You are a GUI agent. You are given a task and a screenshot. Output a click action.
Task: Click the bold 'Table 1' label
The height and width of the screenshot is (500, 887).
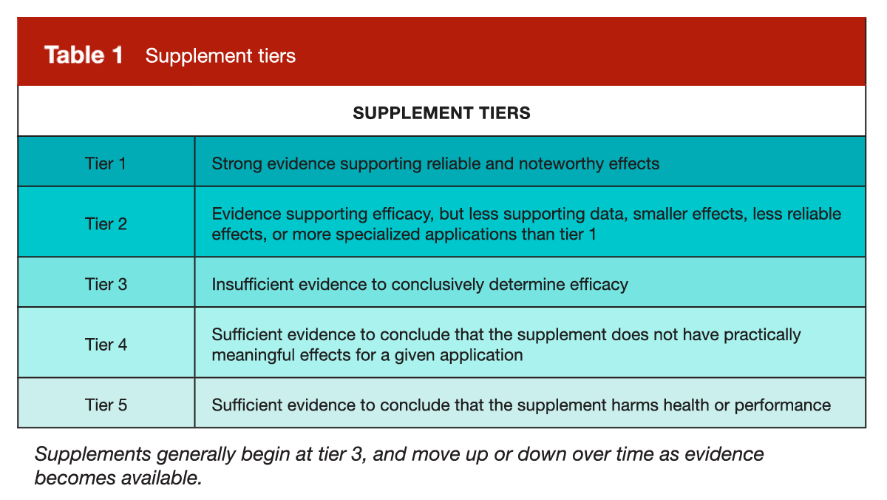84,55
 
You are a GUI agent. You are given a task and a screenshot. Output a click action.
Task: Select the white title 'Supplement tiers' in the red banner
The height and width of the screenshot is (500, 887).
220,55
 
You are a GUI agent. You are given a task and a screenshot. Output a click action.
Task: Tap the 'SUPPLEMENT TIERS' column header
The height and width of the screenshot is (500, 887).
441,113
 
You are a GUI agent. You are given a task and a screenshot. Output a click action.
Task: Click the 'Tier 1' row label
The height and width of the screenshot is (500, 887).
106,163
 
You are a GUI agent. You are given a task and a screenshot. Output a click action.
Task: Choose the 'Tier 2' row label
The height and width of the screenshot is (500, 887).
106,224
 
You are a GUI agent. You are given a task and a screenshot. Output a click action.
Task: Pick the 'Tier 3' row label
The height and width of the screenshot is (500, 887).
106,284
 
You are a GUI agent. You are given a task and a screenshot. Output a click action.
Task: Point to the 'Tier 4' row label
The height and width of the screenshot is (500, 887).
106,344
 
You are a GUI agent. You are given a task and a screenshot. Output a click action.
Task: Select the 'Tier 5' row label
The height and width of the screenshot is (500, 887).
106,405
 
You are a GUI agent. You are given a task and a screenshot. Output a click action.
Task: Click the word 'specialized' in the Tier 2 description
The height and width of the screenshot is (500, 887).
378,234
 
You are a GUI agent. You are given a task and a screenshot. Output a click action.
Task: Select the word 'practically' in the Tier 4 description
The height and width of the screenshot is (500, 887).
762,335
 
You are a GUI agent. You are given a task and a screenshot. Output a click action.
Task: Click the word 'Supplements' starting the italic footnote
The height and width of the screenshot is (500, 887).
93,454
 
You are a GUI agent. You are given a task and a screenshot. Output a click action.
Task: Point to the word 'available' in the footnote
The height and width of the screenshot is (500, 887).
162,478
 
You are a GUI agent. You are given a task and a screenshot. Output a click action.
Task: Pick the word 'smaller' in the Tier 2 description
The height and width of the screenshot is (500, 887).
659,214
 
